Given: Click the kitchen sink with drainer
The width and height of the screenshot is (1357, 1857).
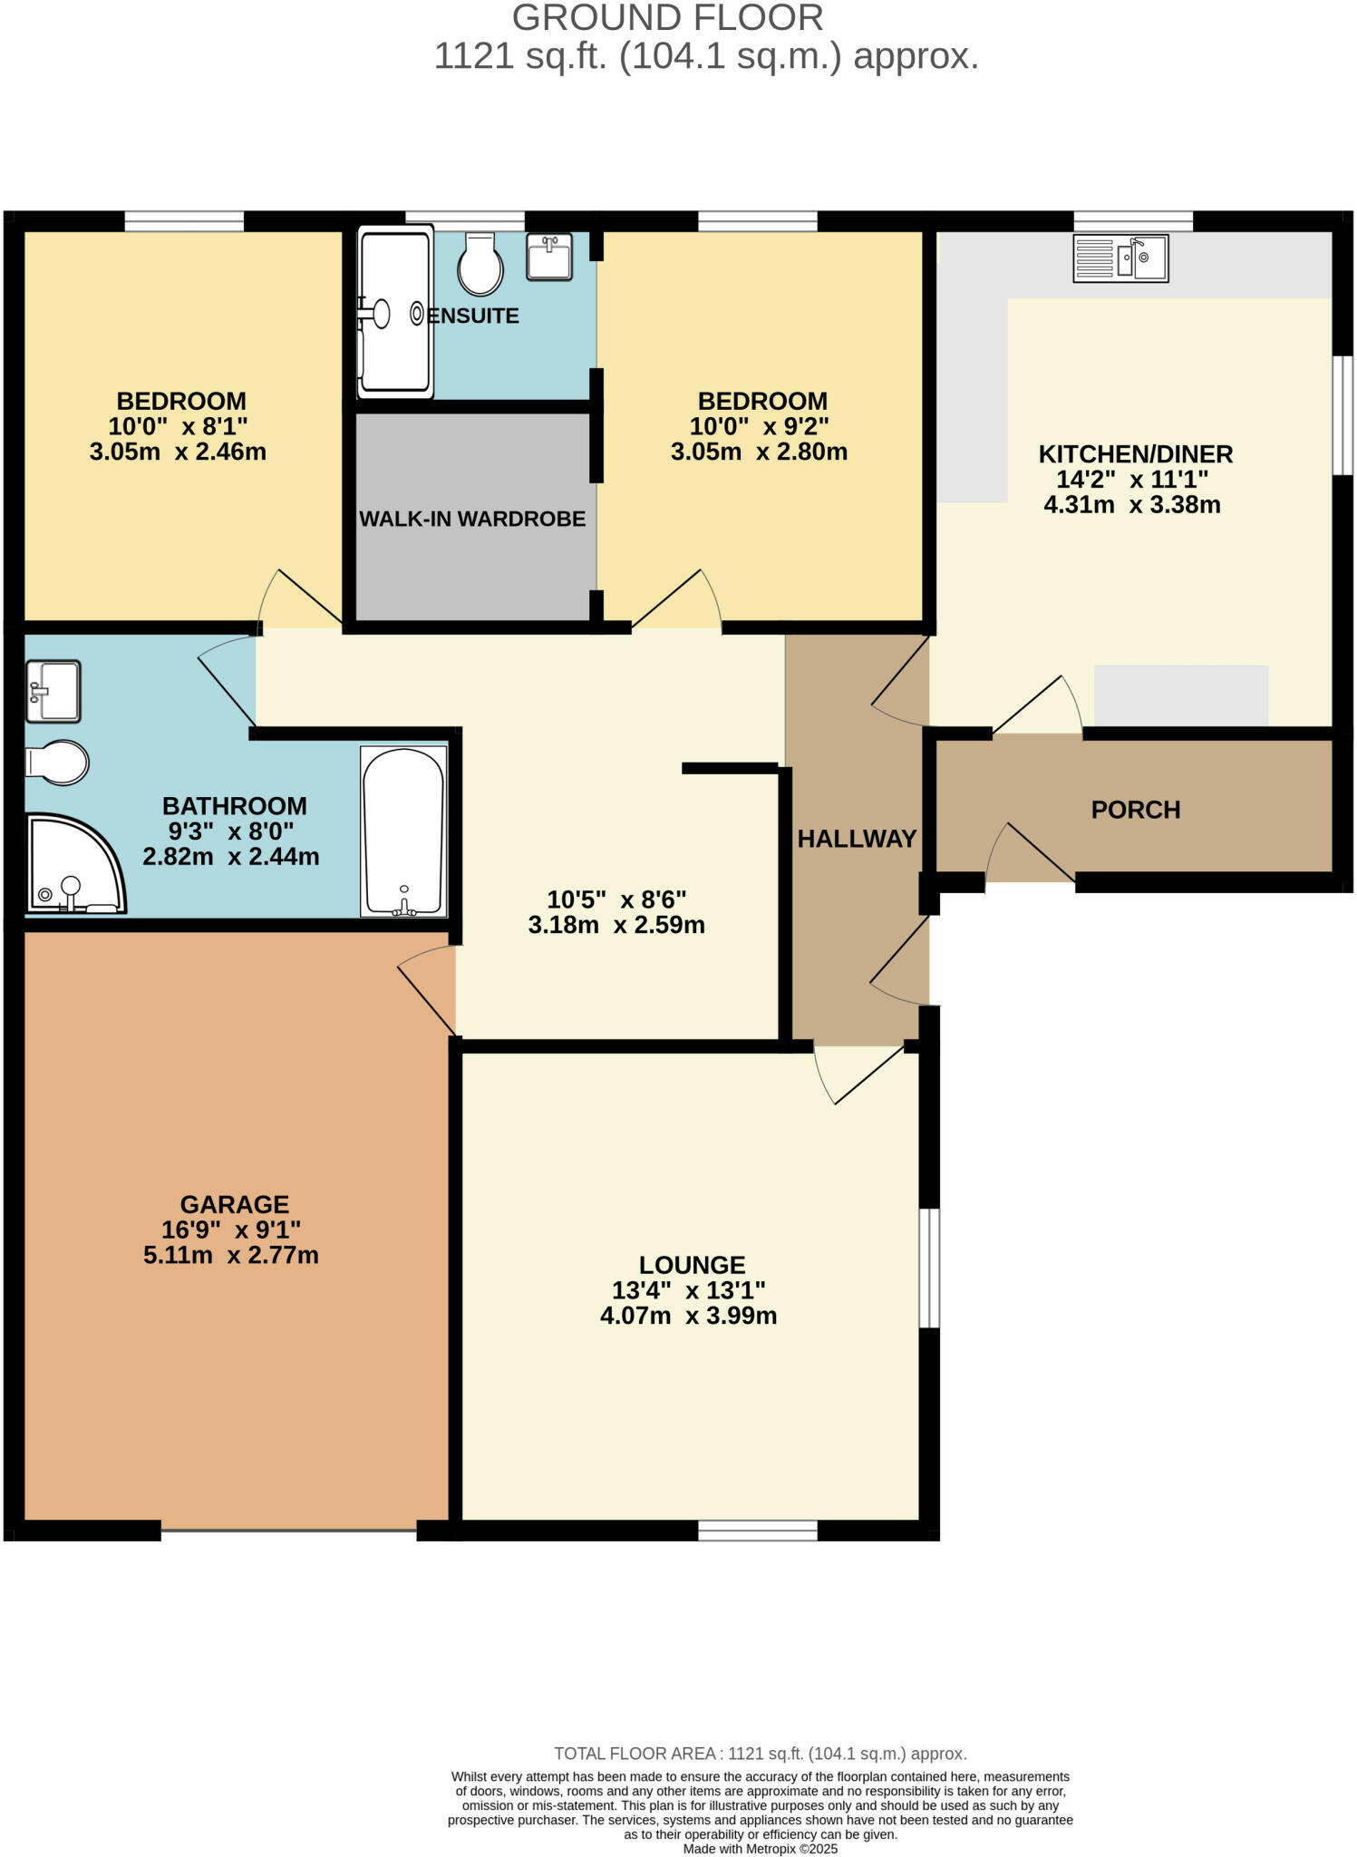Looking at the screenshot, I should (x=1120, y=258).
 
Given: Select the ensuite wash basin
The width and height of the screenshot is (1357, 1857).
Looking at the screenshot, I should (x=548, y=258).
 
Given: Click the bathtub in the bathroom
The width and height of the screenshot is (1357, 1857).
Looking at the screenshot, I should (x=404, y=831).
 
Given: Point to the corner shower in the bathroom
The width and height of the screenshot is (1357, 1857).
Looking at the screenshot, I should (x=72, y=866).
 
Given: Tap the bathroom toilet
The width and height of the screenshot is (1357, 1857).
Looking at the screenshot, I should (x=57, y=762).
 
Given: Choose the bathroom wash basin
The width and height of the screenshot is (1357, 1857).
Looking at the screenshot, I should (x=53, y=691).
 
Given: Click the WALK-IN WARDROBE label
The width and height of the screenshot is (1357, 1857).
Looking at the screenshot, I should (x=472, y=519).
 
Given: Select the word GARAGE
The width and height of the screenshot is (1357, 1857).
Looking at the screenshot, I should (x=234, y=1204).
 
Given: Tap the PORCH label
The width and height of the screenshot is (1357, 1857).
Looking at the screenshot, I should (x=1135, y=810).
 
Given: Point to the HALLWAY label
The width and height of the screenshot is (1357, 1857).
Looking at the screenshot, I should (x=857, y=839).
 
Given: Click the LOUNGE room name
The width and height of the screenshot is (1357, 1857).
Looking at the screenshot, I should (x=692, y=1265).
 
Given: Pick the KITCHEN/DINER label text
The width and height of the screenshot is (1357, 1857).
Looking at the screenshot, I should (x=1135, y=453).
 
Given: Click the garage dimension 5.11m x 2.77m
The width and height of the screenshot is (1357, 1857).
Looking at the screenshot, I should (x=231, y=1256).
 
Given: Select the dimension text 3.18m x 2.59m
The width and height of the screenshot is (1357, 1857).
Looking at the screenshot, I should (x=616, y=925).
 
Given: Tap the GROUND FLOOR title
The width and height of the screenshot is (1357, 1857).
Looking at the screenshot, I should (x=667, y=18).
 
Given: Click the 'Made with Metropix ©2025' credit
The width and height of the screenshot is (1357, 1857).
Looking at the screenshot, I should (x=760, y=1848).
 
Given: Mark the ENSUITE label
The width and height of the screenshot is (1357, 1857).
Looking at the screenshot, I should (x=474, y=316).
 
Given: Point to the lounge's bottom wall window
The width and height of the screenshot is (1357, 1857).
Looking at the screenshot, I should (x=758, y=1531).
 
